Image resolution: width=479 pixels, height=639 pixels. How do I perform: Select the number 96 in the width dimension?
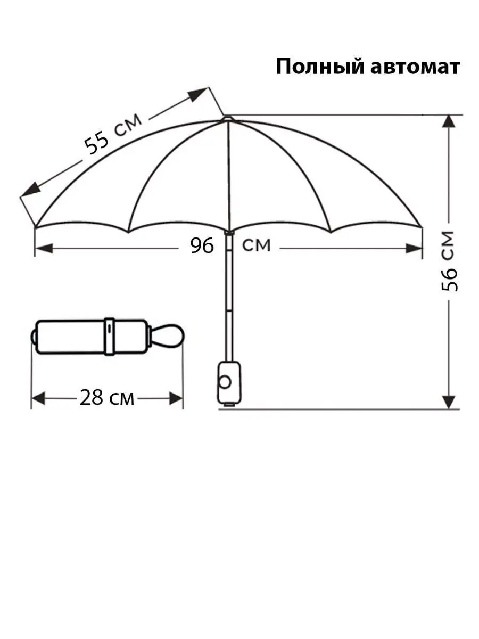click(x=202, y=245)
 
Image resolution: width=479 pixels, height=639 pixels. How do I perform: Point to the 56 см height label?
click(x=449, y=261)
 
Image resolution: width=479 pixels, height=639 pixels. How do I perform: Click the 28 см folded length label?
click(x=107, y=398)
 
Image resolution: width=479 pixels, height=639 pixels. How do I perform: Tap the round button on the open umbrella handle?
click(x=225, y=382)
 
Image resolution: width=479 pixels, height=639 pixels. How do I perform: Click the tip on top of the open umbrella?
click(x=228, y=118)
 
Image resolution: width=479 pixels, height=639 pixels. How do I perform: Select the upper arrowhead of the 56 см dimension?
click(x=449, y=121)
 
